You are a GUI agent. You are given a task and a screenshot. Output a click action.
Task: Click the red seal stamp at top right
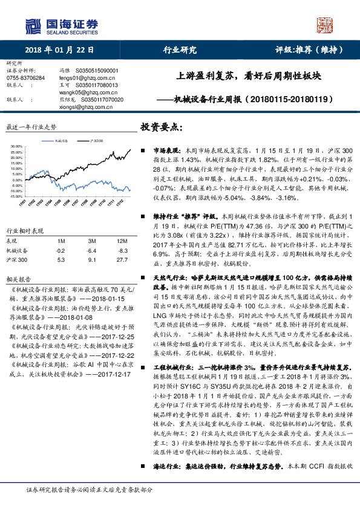[x=326, y=23]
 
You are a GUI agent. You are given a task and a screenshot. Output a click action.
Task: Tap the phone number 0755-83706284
[x=25, y=77]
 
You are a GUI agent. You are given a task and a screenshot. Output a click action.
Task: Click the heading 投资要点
[x=162, y=128]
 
